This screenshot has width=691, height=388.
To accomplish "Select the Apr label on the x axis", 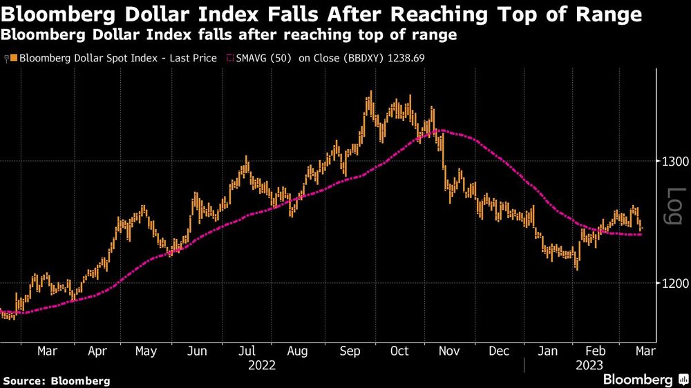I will tap(97, 351).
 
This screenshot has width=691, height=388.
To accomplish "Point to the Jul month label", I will tap(247, 351).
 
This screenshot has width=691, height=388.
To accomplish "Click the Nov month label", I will tap(449, 351).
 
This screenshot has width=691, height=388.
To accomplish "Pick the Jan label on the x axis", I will tap(548, 351).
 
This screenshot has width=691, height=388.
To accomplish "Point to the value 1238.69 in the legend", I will tap(404, 58).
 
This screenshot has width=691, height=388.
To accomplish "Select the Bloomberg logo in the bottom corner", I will tap(638, 379).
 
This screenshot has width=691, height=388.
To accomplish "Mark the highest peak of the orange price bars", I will tap(371, 92).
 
